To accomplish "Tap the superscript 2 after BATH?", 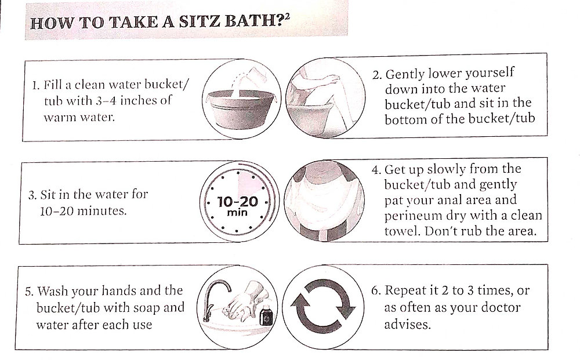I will (x=287, y=20).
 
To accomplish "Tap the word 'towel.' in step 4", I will (x=402, y=231).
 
